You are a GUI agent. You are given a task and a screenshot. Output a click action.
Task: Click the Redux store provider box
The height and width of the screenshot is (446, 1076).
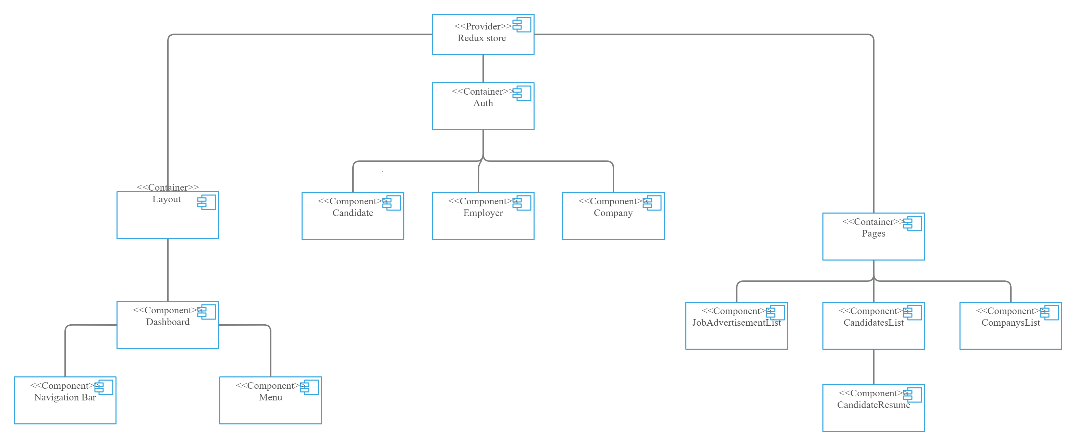(x=482, y=35)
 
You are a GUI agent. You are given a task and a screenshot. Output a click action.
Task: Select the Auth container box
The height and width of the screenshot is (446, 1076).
(x=482, y=107)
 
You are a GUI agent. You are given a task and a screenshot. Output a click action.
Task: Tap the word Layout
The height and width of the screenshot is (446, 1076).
(x=166, y=200)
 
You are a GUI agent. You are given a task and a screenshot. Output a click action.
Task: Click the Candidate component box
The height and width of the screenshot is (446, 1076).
(x=353, y=216)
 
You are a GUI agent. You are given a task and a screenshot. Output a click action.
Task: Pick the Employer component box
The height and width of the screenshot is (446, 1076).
(x=482, y=216)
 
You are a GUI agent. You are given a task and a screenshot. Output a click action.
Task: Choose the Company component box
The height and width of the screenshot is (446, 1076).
(x=613, y=216)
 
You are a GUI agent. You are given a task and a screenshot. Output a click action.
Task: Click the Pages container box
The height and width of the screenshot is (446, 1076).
(x=873, y=237)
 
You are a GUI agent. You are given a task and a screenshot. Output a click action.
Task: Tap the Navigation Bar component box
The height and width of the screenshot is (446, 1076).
(x=65, y=400)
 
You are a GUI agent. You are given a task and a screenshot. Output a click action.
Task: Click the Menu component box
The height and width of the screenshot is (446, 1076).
(x=270, y=400)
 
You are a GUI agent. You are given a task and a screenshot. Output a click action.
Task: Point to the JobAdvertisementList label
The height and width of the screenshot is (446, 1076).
(x=736, y=323)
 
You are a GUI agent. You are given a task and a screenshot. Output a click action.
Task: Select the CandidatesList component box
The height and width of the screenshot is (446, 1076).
(x=873, y=326)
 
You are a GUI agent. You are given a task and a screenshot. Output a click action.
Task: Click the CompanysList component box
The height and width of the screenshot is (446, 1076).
(x=1011, y=326)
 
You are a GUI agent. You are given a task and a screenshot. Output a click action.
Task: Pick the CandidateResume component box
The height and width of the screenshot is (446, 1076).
(x=873, y=408)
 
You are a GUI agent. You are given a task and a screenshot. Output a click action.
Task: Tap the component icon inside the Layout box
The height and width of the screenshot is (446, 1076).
(x=207, y=202)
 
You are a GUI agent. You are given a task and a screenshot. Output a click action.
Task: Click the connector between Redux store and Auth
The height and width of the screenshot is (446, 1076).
(x=483, y=69)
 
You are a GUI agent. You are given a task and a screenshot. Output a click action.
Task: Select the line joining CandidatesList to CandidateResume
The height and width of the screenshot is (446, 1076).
(x=874, y=366)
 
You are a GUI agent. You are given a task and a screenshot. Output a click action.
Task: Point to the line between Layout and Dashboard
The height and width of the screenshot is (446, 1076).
(x=168, y=270)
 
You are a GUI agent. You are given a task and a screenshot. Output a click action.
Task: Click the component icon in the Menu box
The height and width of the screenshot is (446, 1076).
(x=309, y=387)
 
